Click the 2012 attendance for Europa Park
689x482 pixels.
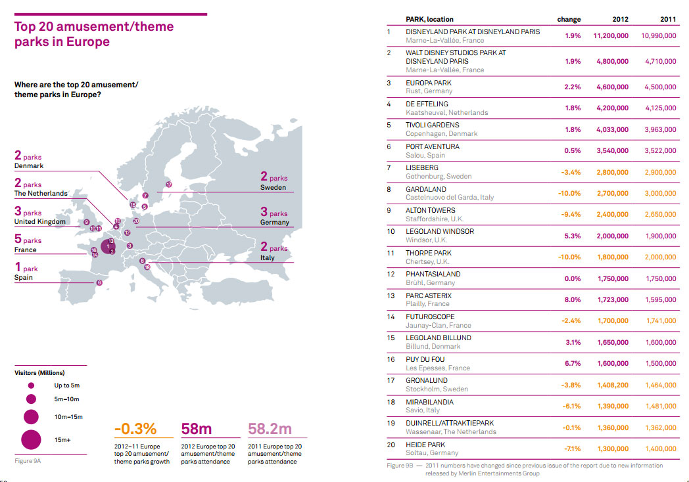point(612,87)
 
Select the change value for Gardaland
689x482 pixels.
point(569,193)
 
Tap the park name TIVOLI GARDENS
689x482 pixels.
point(432,125)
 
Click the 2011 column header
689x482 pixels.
point(668,19)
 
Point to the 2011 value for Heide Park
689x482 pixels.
point(660,449)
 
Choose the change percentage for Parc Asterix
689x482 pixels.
point(572,299)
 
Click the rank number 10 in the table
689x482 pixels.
point(391,232)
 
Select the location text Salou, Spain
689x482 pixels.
point(425,155)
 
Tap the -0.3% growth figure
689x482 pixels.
point(135,429)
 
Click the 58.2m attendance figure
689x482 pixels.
point(270,429)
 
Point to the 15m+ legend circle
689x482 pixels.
point(30,439)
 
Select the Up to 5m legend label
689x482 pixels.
point(66,385)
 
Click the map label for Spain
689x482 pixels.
point(24,277)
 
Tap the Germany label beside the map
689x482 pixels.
point(275,222)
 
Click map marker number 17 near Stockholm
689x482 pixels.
point(168,185)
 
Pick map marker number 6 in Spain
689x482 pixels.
point(99,282)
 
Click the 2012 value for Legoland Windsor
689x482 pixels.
point(612,236)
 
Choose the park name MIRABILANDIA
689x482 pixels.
point(429,402)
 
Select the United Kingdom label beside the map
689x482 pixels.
point(39,222)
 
